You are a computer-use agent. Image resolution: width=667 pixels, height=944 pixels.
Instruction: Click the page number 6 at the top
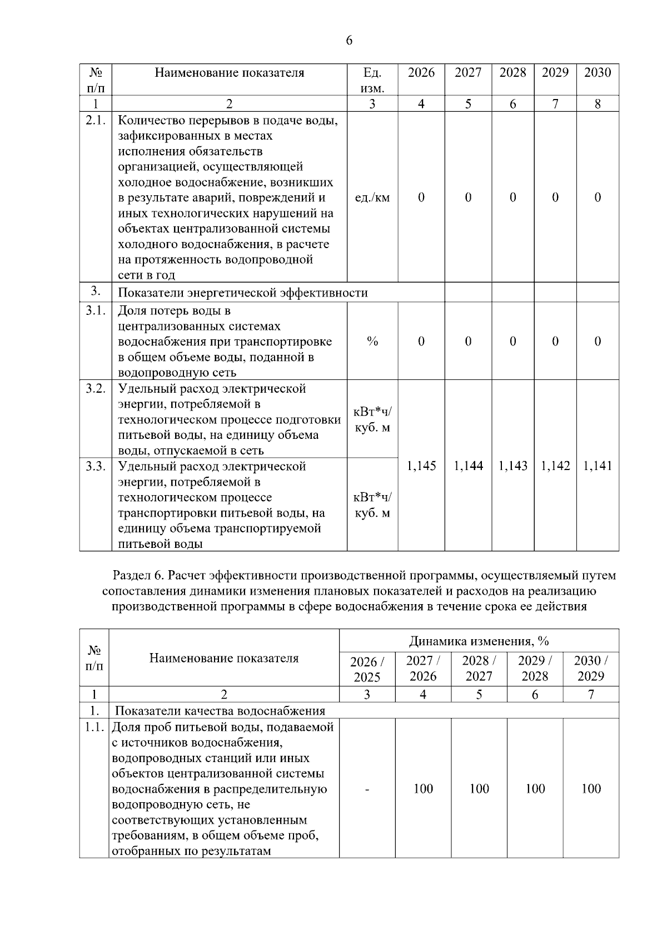point(349,41)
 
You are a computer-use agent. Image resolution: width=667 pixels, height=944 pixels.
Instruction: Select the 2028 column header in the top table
point(512,73)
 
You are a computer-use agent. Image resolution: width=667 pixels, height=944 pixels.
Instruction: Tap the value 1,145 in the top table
point(421,466)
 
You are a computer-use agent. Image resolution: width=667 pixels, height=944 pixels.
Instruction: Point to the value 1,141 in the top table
point(598,466)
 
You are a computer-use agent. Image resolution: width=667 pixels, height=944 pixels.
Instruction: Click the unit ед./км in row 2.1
point(372,197)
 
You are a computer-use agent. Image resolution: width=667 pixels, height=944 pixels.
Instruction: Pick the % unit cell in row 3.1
point(372,342)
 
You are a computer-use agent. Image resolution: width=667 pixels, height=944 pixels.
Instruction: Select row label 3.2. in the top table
point(96,389)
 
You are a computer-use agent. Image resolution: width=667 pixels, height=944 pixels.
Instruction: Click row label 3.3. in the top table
point(96,467)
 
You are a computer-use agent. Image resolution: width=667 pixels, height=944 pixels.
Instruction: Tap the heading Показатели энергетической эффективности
point(243,293)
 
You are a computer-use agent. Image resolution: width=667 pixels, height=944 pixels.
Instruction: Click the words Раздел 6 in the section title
point(137,575)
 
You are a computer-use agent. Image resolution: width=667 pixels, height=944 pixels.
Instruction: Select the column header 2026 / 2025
point(367,669)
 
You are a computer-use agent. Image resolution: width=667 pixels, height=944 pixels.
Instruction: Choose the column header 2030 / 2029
point(590,669)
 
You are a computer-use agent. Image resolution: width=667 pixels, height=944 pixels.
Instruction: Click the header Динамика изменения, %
point(479,641)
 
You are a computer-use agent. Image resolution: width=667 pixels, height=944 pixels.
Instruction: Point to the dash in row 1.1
point(367,789)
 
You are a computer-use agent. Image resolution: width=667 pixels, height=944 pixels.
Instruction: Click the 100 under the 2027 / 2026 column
point(423,789)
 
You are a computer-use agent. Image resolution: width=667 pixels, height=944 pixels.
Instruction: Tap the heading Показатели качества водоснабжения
point(220,711)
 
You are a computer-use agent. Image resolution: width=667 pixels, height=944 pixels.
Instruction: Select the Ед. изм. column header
point(372,80)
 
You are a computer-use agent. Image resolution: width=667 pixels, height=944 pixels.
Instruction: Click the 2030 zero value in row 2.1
point(598,197)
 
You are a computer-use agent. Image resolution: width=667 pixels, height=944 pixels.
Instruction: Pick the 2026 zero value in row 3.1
point(421,342)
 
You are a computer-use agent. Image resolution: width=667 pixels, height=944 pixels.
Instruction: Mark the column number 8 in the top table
point(598,104)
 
